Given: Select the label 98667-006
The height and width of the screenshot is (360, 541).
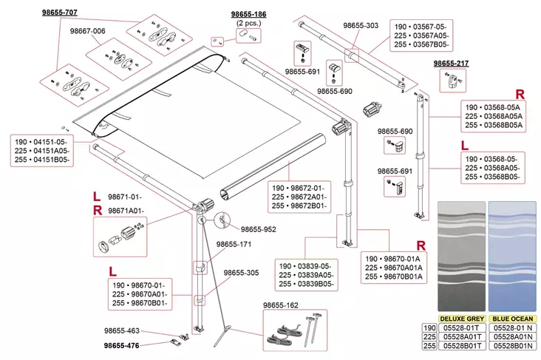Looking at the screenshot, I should pyautogui.click(x=88, y=30).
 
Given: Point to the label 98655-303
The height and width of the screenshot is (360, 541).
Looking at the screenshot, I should pyautogui.click(x=361, y=26).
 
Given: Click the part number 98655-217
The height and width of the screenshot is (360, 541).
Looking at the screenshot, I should pyautogui.click(x=451, y=64).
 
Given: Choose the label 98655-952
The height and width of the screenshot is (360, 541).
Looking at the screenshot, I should pyautogui.click(x=258, y=229).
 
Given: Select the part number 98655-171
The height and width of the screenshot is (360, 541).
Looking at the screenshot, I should pyautogui.click(x=234, y=244).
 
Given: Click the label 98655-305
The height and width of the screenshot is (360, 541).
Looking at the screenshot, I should pyautogui.click(x=242, y=273).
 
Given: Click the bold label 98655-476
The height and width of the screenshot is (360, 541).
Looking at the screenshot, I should pyautogui.click(x=121, y=345).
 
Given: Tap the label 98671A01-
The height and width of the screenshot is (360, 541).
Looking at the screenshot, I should pyautogui.click(x=125, y=211).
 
